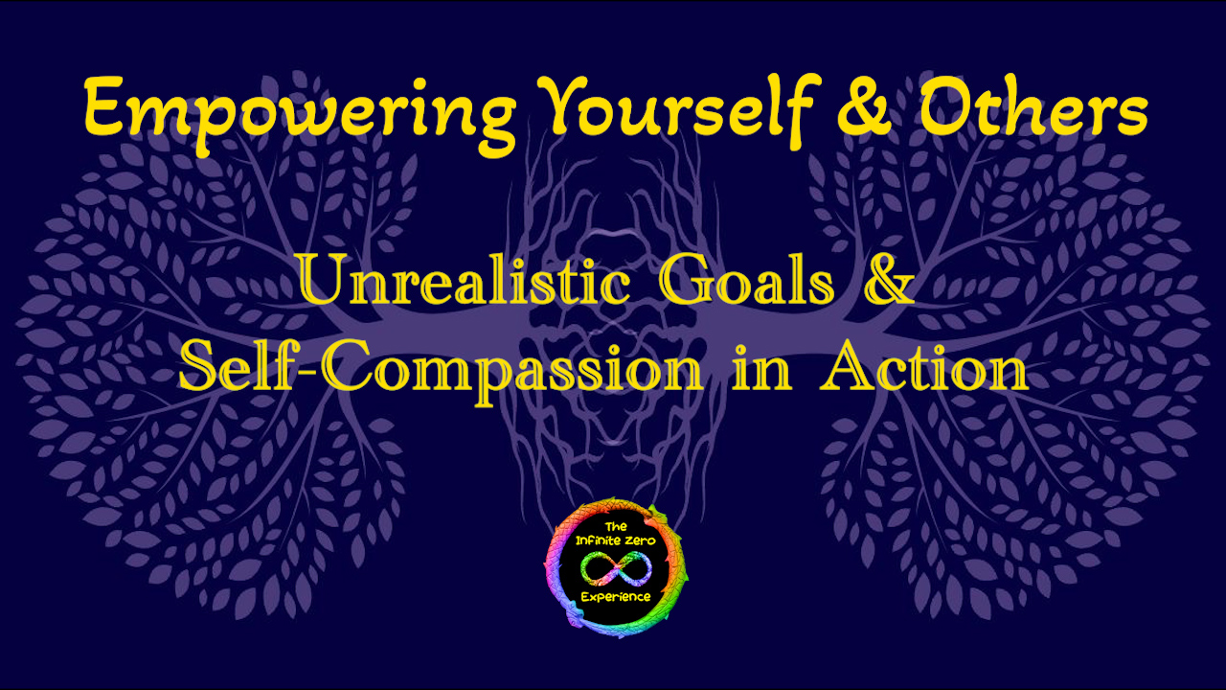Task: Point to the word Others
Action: [1033, 105]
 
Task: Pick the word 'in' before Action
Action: [761, 367]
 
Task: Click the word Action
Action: [924, 365]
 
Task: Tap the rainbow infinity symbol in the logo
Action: [616, 568]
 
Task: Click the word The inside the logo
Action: [616, 527]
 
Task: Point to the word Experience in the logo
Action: [616, 597]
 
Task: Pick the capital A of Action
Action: [845, 366]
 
